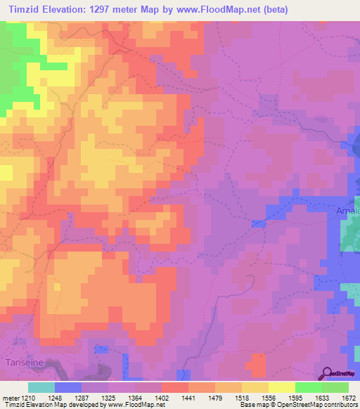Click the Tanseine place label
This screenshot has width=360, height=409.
(25, 362)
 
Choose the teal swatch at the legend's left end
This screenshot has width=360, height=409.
(41, 387)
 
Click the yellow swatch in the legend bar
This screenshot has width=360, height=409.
(282, 387)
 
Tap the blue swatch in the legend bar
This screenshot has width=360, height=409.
(67, 387)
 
